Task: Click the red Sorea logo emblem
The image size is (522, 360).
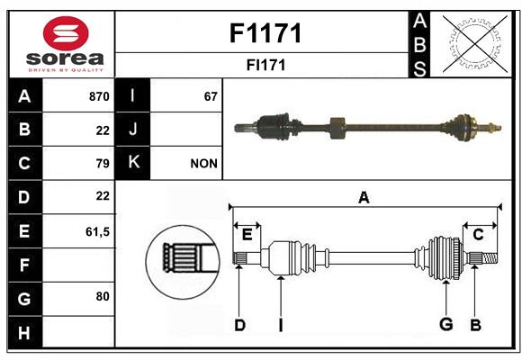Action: pos(66,33)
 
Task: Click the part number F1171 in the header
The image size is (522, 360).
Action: pos(265,33)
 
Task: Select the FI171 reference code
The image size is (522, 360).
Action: pos(265,65)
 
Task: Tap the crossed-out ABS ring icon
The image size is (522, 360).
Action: pos(475,44)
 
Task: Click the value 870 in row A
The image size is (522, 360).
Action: pos(99,96)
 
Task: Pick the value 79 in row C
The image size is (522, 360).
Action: pos(103,164)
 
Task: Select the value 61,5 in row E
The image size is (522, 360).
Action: pos(97,231)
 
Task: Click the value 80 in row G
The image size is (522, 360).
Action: pos(103,296)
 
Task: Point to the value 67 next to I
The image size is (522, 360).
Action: pos(211,96)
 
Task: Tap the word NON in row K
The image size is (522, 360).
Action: pos(203,164)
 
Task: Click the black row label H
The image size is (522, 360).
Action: pos(24,332)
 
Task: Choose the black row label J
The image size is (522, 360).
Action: pos(132,130)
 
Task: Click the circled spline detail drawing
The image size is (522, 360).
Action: pos(183,262)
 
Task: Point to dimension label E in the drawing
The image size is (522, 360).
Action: pos(247,235)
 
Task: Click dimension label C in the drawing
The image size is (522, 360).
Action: pos(478,235)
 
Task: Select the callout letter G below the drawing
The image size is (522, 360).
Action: pos(446,324)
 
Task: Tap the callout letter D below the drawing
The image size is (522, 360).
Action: pos(240,325)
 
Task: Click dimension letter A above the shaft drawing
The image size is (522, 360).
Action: pos(364,197)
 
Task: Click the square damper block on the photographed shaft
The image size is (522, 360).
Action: pos(337,128)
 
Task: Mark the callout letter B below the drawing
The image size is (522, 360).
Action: pos(476,325)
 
